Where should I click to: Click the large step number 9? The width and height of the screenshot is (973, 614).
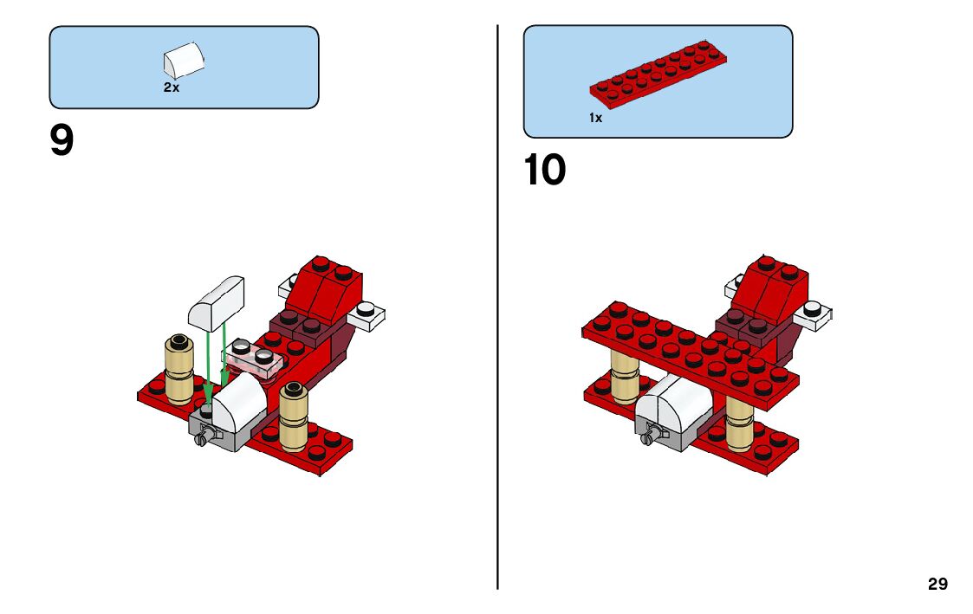(62, 141)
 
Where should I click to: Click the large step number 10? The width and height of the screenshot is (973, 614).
(544, 171)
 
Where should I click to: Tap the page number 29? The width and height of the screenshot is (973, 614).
(937, 585)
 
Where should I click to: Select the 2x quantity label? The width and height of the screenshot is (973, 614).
(172, 87)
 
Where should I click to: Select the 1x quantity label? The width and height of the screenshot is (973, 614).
(595, 118)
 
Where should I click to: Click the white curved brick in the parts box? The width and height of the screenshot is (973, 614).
(185, 61)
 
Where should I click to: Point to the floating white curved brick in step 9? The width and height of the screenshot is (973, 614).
(217, 303)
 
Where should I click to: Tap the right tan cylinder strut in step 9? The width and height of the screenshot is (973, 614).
(295, 416)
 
